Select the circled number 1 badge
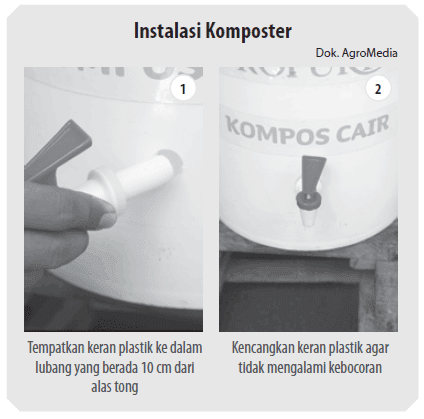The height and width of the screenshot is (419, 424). pos(182,89)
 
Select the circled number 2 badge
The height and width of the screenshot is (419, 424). pos(377,89)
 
